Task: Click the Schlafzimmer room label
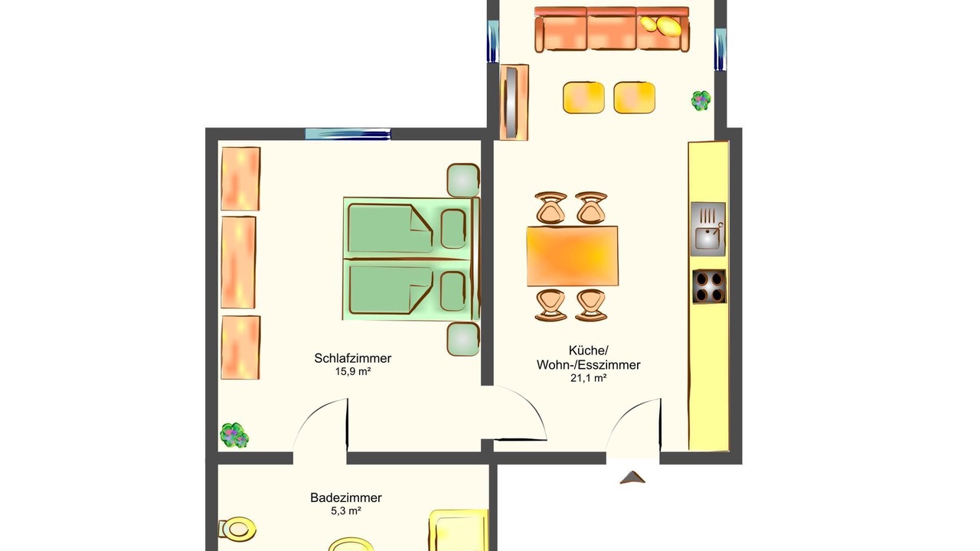tap(353, 358)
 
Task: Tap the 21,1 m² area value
tap(589, 378)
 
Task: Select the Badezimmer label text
tap(346, 497)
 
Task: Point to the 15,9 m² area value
tap(353, 372)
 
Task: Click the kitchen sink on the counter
tap(707, 229)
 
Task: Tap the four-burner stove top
tap(709, 286)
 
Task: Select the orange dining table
tap(572, 256)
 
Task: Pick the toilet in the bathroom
tap(237, 529)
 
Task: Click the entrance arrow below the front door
tap(632, 477)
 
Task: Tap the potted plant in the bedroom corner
tap(234, 435)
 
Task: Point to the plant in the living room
tap(701, 100)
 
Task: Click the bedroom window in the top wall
tap(348, 134)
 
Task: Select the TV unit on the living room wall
tap(514, 103)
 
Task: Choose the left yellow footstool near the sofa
tap(583, 97)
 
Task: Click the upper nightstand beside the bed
tap(463, 180)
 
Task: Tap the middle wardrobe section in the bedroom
tap(238, 262)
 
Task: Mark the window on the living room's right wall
tap(720, 50)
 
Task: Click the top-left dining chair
tap(550, 207)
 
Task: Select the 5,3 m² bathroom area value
tap(346, 510)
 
